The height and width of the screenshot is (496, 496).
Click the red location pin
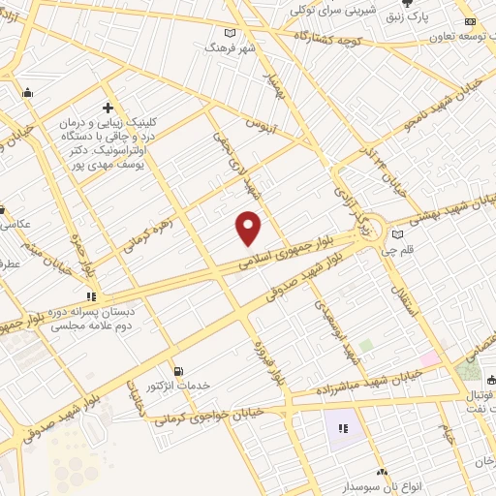(250, 229)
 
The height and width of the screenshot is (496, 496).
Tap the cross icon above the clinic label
(108, 108)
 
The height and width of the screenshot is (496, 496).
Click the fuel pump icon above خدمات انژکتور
(176, 371)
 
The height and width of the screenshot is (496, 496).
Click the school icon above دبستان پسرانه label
(90, 296)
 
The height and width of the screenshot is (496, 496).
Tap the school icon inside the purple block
(341, 427)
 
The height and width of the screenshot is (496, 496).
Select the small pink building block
(428, 359)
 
